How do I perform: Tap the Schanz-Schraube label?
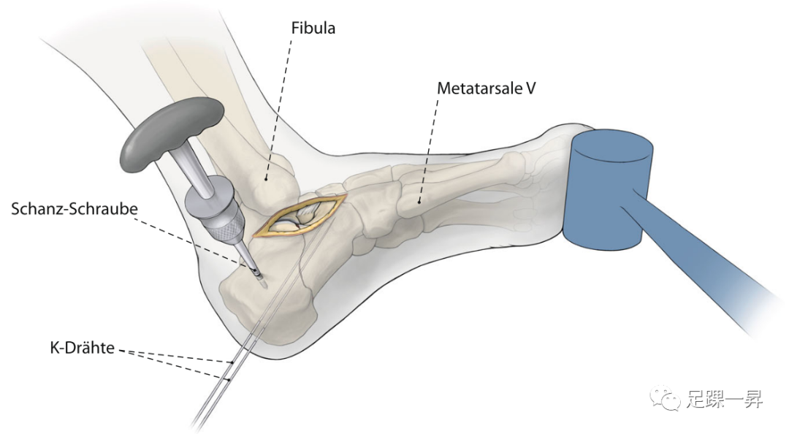(x=75, y=209)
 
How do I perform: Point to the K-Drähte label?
(x=82, y=349)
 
